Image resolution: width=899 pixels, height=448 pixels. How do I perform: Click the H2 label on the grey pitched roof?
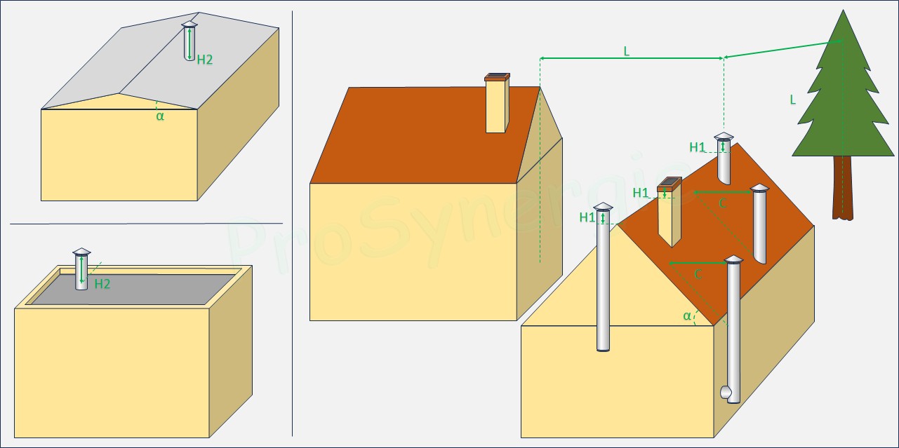click(205, 60)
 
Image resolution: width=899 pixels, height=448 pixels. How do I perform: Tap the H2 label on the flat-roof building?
click(102, 284)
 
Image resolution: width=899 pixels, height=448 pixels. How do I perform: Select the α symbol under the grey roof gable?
click(160, 116)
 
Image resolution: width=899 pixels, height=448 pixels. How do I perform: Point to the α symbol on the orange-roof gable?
click(687, 316)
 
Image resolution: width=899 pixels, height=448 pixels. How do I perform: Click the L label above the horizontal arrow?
click(627, 51)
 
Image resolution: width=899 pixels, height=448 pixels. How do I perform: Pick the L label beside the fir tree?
click(792, 100)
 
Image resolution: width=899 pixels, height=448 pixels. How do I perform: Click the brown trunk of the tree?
click(843, 187)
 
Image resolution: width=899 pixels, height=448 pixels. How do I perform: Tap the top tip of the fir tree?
click(844, 11)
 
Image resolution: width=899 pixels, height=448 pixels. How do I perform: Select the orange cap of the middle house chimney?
click(498, 77)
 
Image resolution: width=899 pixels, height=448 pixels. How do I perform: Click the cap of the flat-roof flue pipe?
click(82, 252)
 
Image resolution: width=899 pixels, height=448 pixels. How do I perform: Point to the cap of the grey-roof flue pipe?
click(189, 25)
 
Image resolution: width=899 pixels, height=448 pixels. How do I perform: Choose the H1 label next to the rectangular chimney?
click(641, 193)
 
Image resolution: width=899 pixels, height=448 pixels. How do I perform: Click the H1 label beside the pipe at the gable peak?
click(587, 217)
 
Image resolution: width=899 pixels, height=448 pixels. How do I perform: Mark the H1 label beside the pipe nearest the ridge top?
click(698, 148)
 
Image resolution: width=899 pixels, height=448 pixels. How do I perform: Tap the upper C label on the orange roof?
click(723, 203)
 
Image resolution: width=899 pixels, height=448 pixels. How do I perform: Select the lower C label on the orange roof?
click(698, 274)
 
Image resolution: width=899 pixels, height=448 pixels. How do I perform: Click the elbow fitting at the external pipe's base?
click(726, 392)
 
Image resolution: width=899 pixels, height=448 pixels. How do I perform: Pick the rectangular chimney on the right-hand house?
click(670, 212)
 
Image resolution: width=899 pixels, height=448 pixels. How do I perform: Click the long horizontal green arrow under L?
click(632, 59)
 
